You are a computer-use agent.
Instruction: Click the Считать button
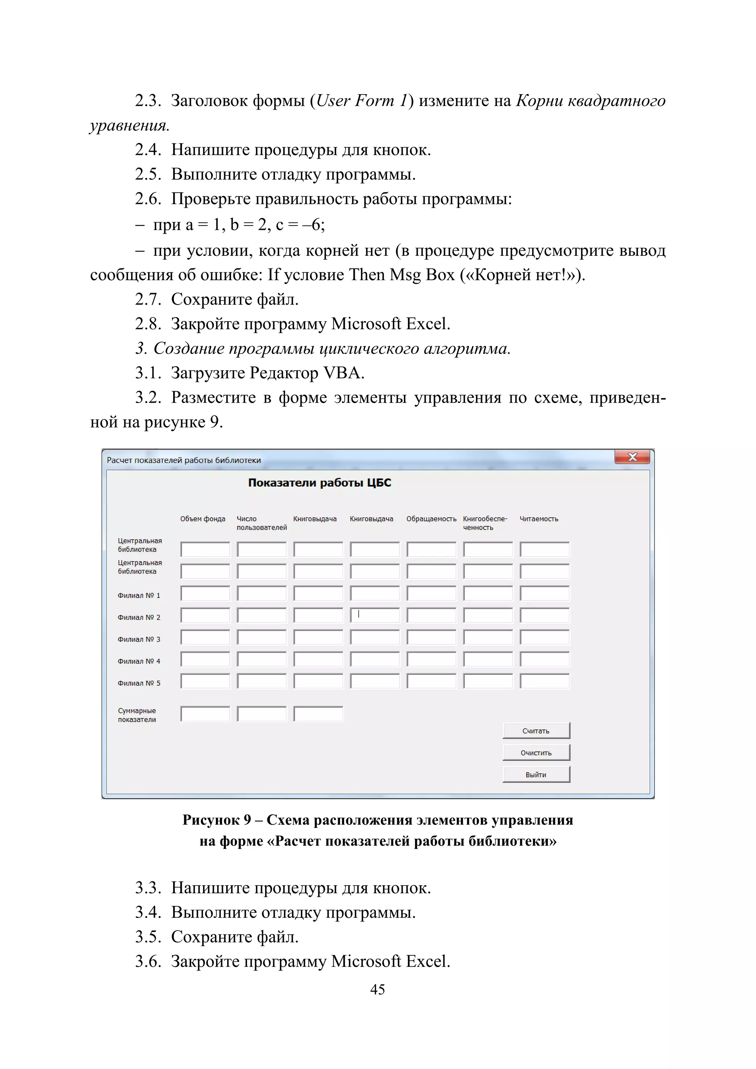[x=536, y=731]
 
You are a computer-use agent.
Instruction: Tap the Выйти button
[x=536, y=774]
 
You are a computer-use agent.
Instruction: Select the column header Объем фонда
[x=203, y=519]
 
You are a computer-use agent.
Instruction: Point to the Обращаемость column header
[x=431, y=519]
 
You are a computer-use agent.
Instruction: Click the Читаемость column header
[x=539, y=519]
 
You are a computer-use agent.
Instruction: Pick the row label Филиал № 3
[x=139, y=639]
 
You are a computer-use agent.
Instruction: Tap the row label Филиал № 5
[x=139, y=683]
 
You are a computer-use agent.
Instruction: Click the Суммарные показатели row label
[x=137, y=715]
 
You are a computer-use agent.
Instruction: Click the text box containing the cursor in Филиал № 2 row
[x=375, y=615]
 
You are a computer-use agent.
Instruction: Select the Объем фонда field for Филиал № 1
[x=205, y=593]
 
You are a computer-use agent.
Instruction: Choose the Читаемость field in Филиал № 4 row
[x=544, y=659]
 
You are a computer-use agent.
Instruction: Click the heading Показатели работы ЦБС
[x=319, y=483]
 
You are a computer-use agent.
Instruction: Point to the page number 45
[x=378, y=989]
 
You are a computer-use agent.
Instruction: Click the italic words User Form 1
[x=362, y=100]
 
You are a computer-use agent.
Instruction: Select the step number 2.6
[x=148, y=199]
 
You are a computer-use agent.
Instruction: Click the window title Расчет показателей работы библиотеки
[x=183, y=460]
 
